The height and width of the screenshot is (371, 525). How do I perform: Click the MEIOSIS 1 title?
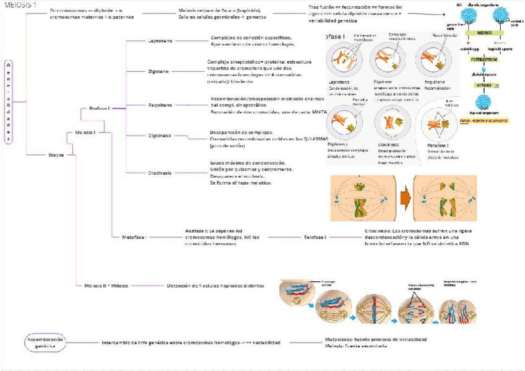click(19, 5)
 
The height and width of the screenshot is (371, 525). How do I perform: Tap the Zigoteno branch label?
click(158, 71)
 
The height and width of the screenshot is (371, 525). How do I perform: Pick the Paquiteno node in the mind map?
click(159, 105)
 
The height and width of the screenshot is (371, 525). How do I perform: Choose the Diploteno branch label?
click(158, 136)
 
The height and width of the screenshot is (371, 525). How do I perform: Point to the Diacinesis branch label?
click(159, 173)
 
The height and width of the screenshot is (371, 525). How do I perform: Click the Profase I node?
click(99, 108)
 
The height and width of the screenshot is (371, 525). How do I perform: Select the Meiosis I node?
click(85, 132)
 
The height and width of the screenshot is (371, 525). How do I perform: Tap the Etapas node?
click(56, 155)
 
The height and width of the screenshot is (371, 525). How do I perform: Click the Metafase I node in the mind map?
click(134, 237)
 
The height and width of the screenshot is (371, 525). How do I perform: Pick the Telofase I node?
click(316, 237)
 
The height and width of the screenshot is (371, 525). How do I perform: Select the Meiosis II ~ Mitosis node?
click(106, 286)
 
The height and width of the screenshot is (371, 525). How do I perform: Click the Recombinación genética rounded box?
click(45, 343)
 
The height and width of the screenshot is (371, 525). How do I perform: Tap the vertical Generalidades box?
click(9, 102)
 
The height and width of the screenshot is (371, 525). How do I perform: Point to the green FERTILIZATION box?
click(483, 59)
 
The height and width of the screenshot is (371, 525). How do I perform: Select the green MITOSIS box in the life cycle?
click(483, 85)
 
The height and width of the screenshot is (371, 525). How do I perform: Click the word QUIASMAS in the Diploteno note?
click(314, 139)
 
